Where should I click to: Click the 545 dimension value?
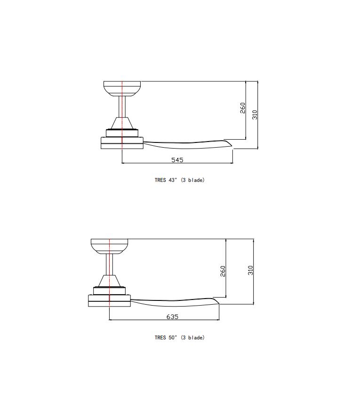click(177, 160)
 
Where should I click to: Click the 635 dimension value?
click(172, 317)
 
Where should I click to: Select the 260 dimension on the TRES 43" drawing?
click(243, 108)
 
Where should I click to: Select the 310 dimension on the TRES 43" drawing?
click(255, 114)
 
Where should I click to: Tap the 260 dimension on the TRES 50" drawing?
click(223, 271)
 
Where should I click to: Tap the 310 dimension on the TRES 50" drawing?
click(250, 270)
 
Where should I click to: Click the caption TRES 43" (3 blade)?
click(179, 180)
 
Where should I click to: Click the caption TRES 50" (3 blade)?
click(179, 338)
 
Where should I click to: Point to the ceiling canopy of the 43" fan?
click(122, 88)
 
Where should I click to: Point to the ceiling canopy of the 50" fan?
click(109, 245)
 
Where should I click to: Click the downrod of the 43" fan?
click(122, 106)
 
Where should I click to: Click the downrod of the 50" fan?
click(109, 263)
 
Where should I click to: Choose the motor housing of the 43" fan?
click(122, 142)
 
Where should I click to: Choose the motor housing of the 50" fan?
click(109, 300)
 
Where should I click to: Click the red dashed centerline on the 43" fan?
click(122, 113)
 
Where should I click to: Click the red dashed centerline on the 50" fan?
click(109, 270)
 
